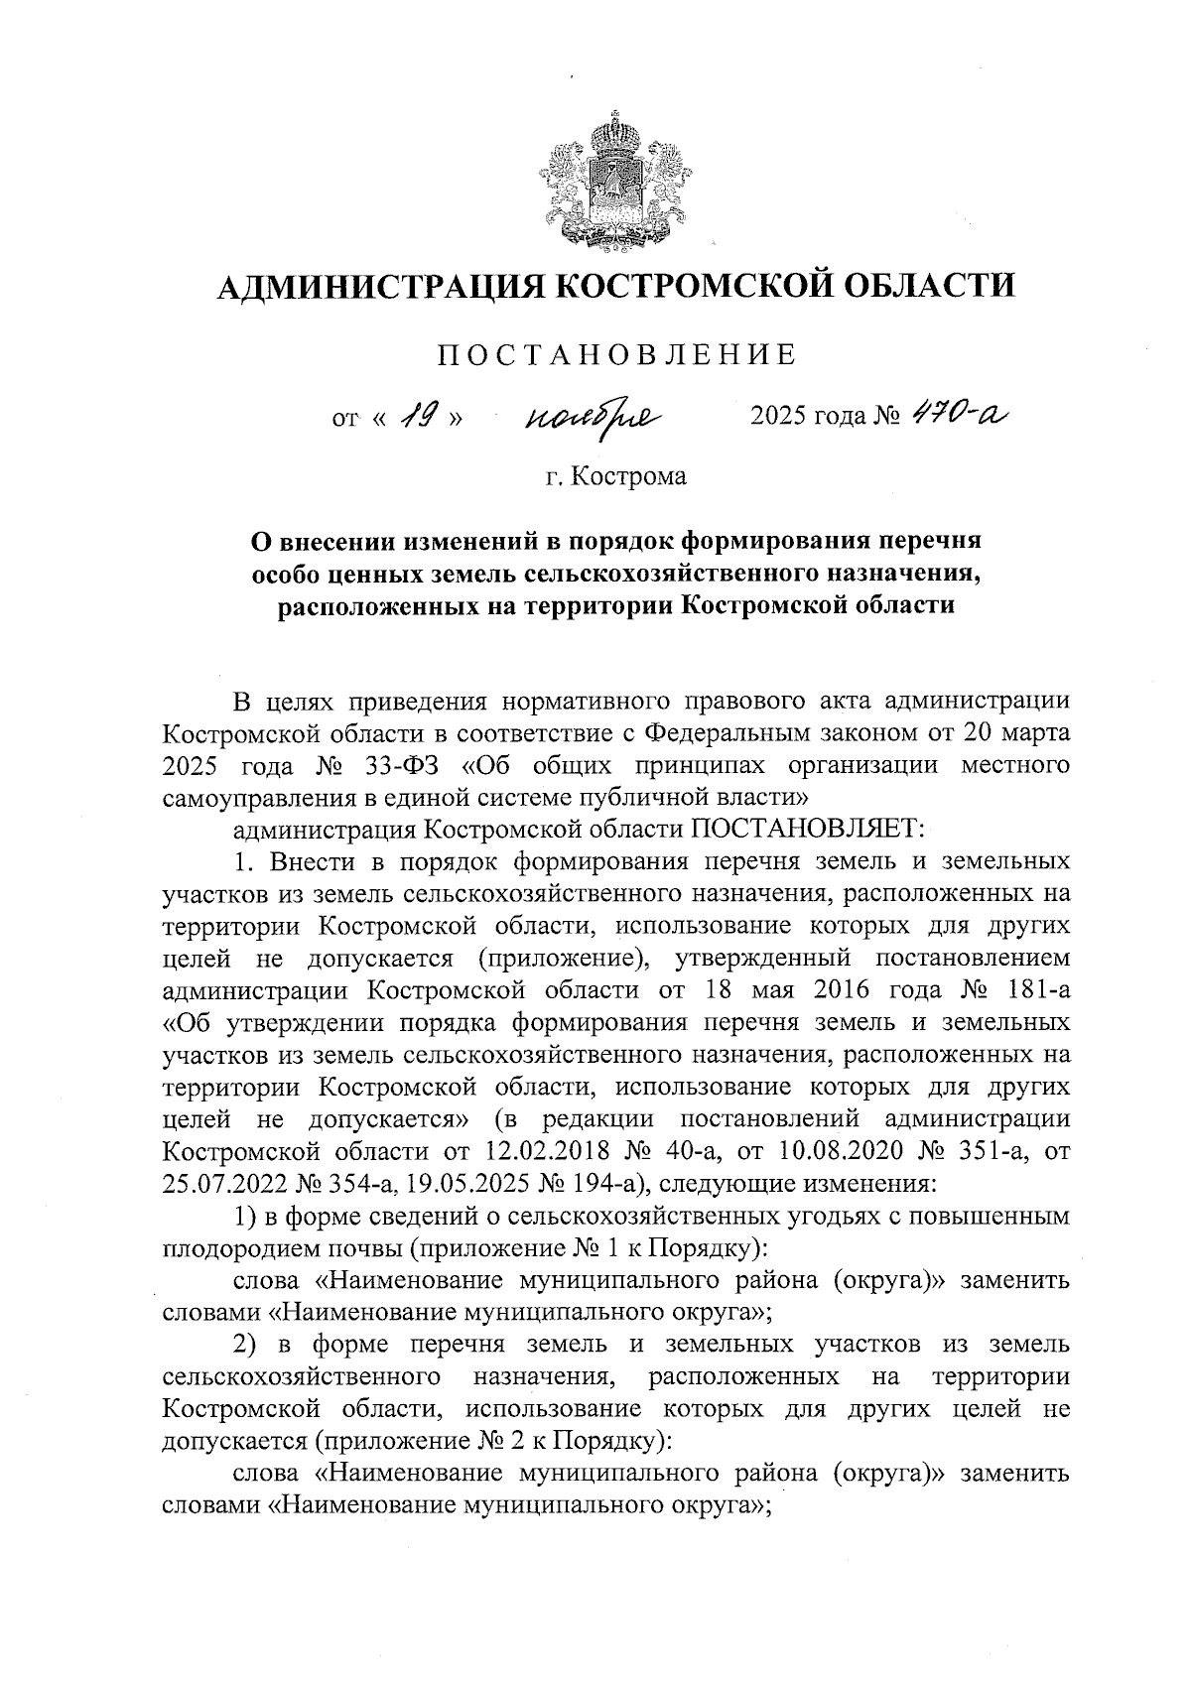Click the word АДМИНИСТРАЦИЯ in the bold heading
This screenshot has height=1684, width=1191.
[378, 288]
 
